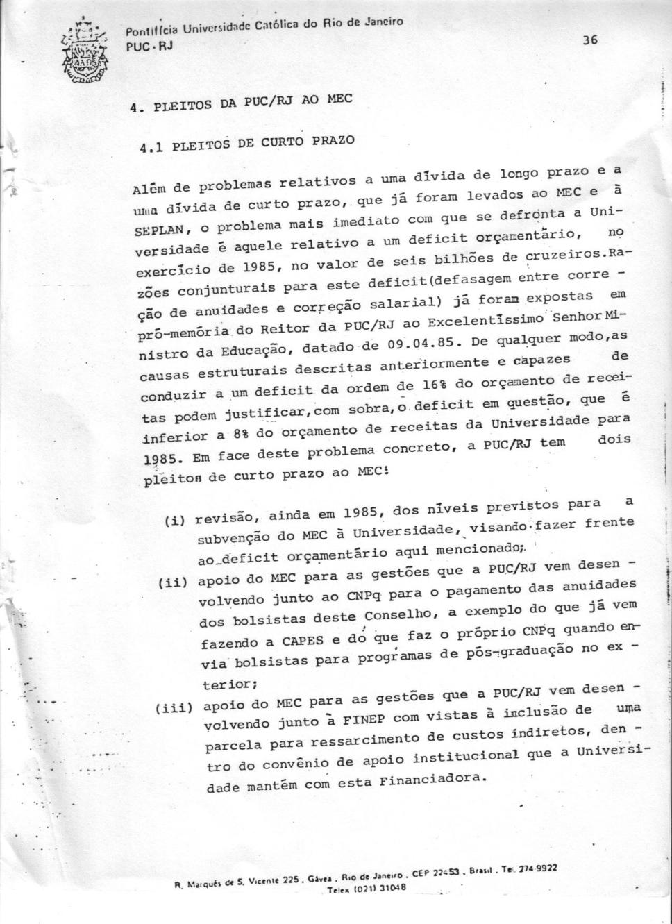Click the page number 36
point(590,40)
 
